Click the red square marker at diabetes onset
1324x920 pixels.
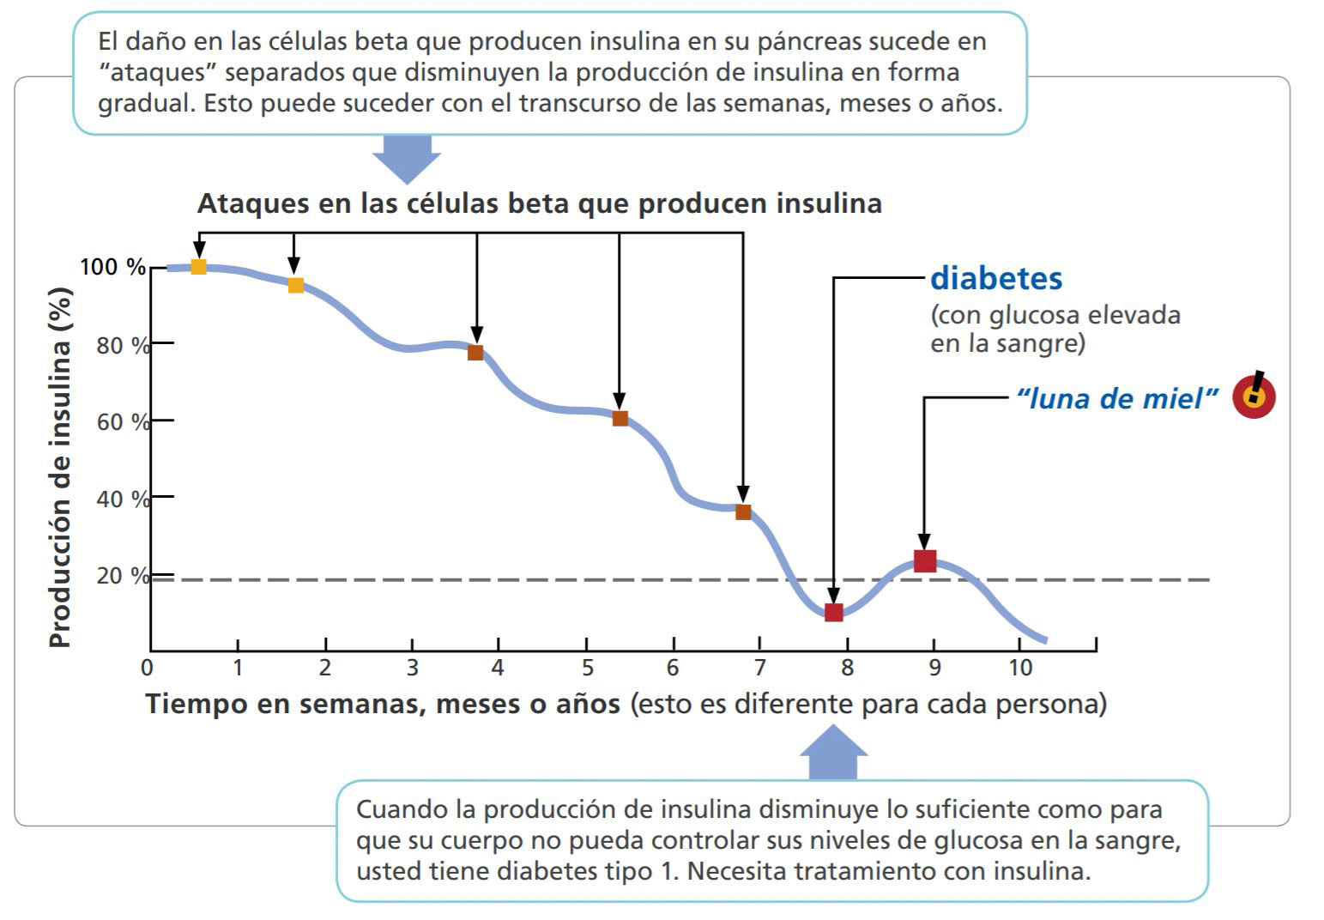833,612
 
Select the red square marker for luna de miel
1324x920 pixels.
924,561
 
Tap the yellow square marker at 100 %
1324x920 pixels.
198,266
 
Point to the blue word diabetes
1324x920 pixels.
996,278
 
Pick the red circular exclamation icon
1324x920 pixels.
1254,396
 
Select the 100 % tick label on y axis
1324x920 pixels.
112,267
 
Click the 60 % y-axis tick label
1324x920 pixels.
123,421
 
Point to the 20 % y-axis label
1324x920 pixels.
123,575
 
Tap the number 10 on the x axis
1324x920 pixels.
1019,667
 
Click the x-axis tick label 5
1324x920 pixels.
587,667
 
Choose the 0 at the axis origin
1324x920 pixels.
148,667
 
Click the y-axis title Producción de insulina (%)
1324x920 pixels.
59,468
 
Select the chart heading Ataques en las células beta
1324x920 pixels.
539,203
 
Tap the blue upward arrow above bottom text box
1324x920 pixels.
833,753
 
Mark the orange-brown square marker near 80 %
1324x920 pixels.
475,353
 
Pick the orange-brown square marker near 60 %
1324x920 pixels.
620,419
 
